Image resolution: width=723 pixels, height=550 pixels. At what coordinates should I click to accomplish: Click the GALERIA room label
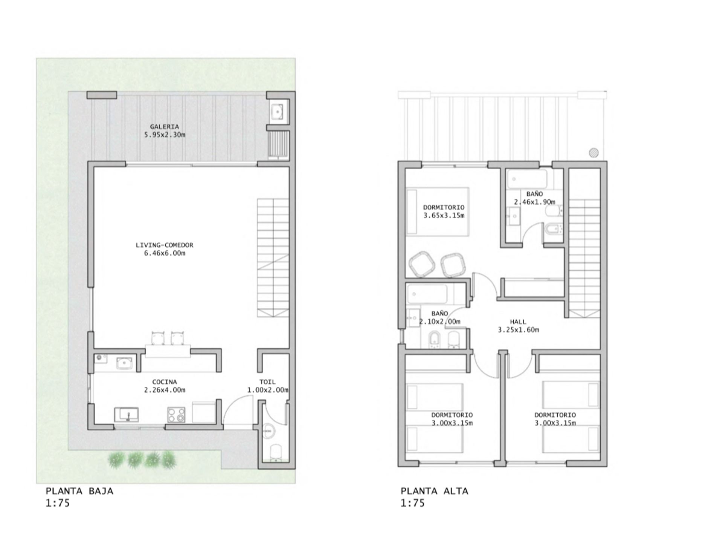coord(164,127)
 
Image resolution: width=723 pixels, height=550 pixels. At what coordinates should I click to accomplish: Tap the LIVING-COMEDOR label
coord(165,245)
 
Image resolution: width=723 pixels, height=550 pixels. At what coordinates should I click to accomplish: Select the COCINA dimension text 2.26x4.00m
coord(165,390)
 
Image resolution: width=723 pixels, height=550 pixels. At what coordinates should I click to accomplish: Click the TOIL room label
coord(267,382)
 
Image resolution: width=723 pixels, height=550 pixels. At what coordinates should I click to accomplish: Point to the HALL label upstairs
coord(518,322)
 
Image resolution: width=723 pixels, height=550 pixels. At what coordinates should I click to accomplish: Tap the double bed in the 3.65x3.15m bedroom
coord(438,211)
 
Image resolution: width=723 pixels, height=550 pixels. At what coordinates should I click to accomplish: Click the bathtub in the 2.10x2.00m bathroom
coord(427,294)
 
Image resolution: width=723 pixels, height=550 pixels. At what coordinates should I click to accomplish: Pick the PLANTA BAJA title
coord(79,491)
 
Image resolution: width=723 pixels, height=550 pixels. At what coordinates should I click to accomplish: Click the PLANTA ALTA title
coord(435,491)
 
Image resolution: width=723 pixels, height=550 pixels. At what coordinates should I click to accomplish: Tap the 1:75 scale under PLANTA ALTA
coord(413,503)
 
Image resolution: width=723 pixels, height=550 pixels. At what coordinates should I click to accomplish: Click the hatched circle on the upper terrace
coord(594,152)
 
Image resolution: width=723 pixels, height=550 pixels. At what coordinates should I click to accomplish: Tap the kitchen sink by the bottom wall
coord(127,415)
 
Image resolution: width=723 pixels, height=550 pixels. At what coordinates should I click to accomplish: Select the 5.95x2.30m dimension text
coord(165,135)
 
